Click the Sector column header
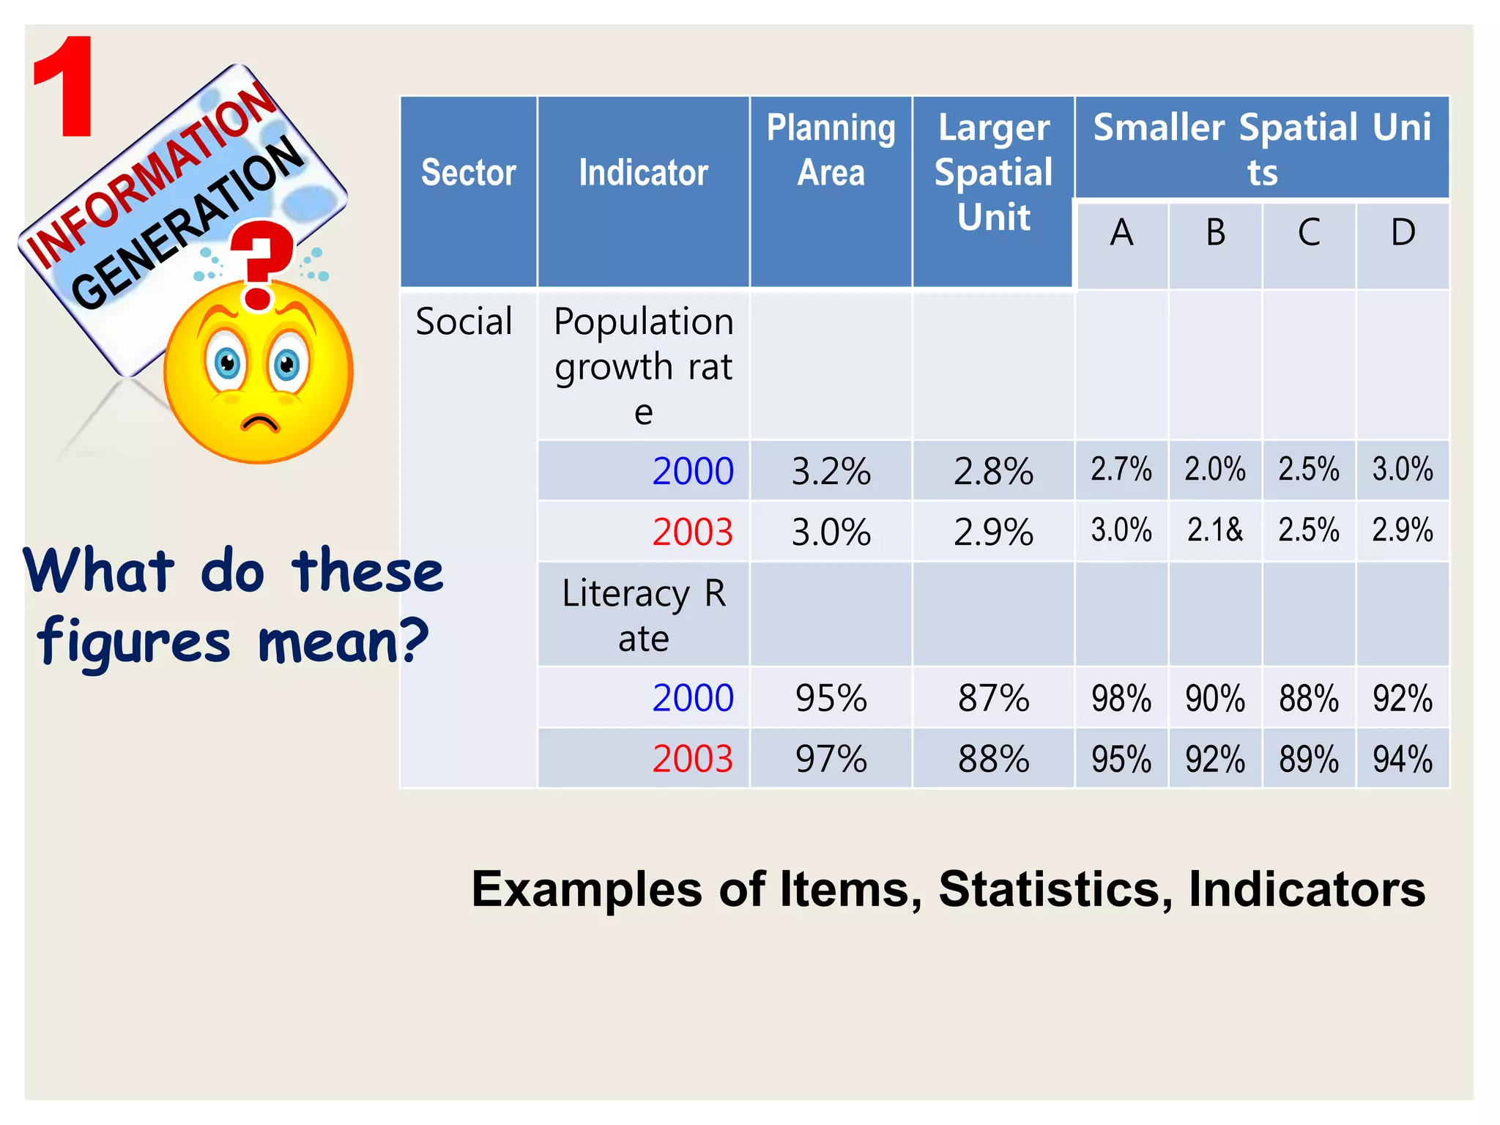click(x=469, y=174)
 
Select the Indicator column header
click(x=643, y=174)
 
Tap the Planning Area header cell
click(x=831, y=150)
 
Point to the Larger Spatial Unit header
click(x=993, y=173)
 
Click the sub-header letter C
click(x=1309, y=234)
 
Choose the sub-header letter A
click(x=1121, y=234)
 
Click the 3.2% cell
click(x=831, y=472)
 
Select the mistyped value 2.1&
click(x=1215, y=530)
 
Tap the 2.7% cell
click(x=1121, y=469)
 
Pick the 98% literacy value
click(x=1121, y=699)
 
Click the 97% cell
click(x=831, y=760)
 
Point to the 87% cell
click(x=994, y=699)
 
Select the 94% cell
click(x=1403, y=760)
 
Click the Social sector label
click(x=464, y=322)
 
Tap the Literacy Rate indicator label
click(x=643, y=615)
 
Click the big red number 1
click(x=64, y=88)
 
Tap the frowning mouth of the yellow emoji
click(x=260, y=423)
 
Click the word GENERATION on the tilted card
click(x=187, y=223)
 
